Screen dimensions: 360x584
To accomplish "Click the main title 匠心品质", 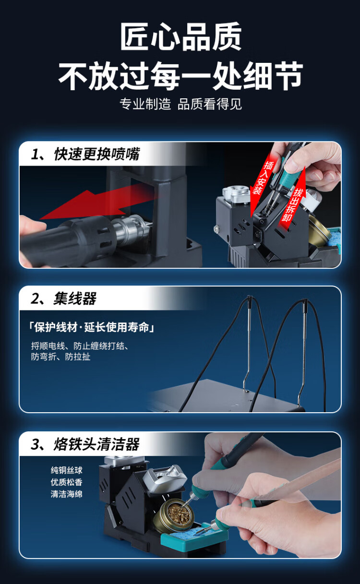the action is (180, 36).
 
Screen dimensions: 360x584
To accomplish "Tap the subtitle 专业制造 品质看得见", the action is (180, 104).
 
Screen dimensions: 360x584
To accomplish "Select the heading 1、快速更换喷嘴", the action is (85, 154).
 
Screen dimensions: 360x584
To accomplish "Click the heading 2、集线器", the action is (63, 298).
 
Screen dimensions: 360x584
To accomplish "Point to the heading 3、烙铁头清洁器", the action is (85, 444).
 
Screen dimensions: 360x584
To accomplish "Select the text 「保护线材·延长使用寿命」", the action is (91, 327).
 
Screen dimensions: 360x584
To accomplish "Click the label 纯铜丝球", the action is (67, 470).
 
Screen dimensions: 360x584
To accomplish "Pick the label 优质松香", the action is (67, 482).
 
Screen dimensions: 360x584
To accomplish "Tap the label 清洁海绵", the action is (67, 494).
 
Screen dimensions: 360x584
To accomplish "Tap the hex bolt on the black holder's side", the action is (217, 230).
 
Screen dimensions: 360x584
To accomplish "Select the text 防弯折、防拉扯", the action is (60, 357).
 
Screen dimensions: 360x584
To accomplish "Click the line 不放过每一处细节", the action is (180, 76).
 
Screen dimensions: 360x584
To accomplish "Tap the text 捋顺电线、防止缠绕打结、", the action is (80, 346).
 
